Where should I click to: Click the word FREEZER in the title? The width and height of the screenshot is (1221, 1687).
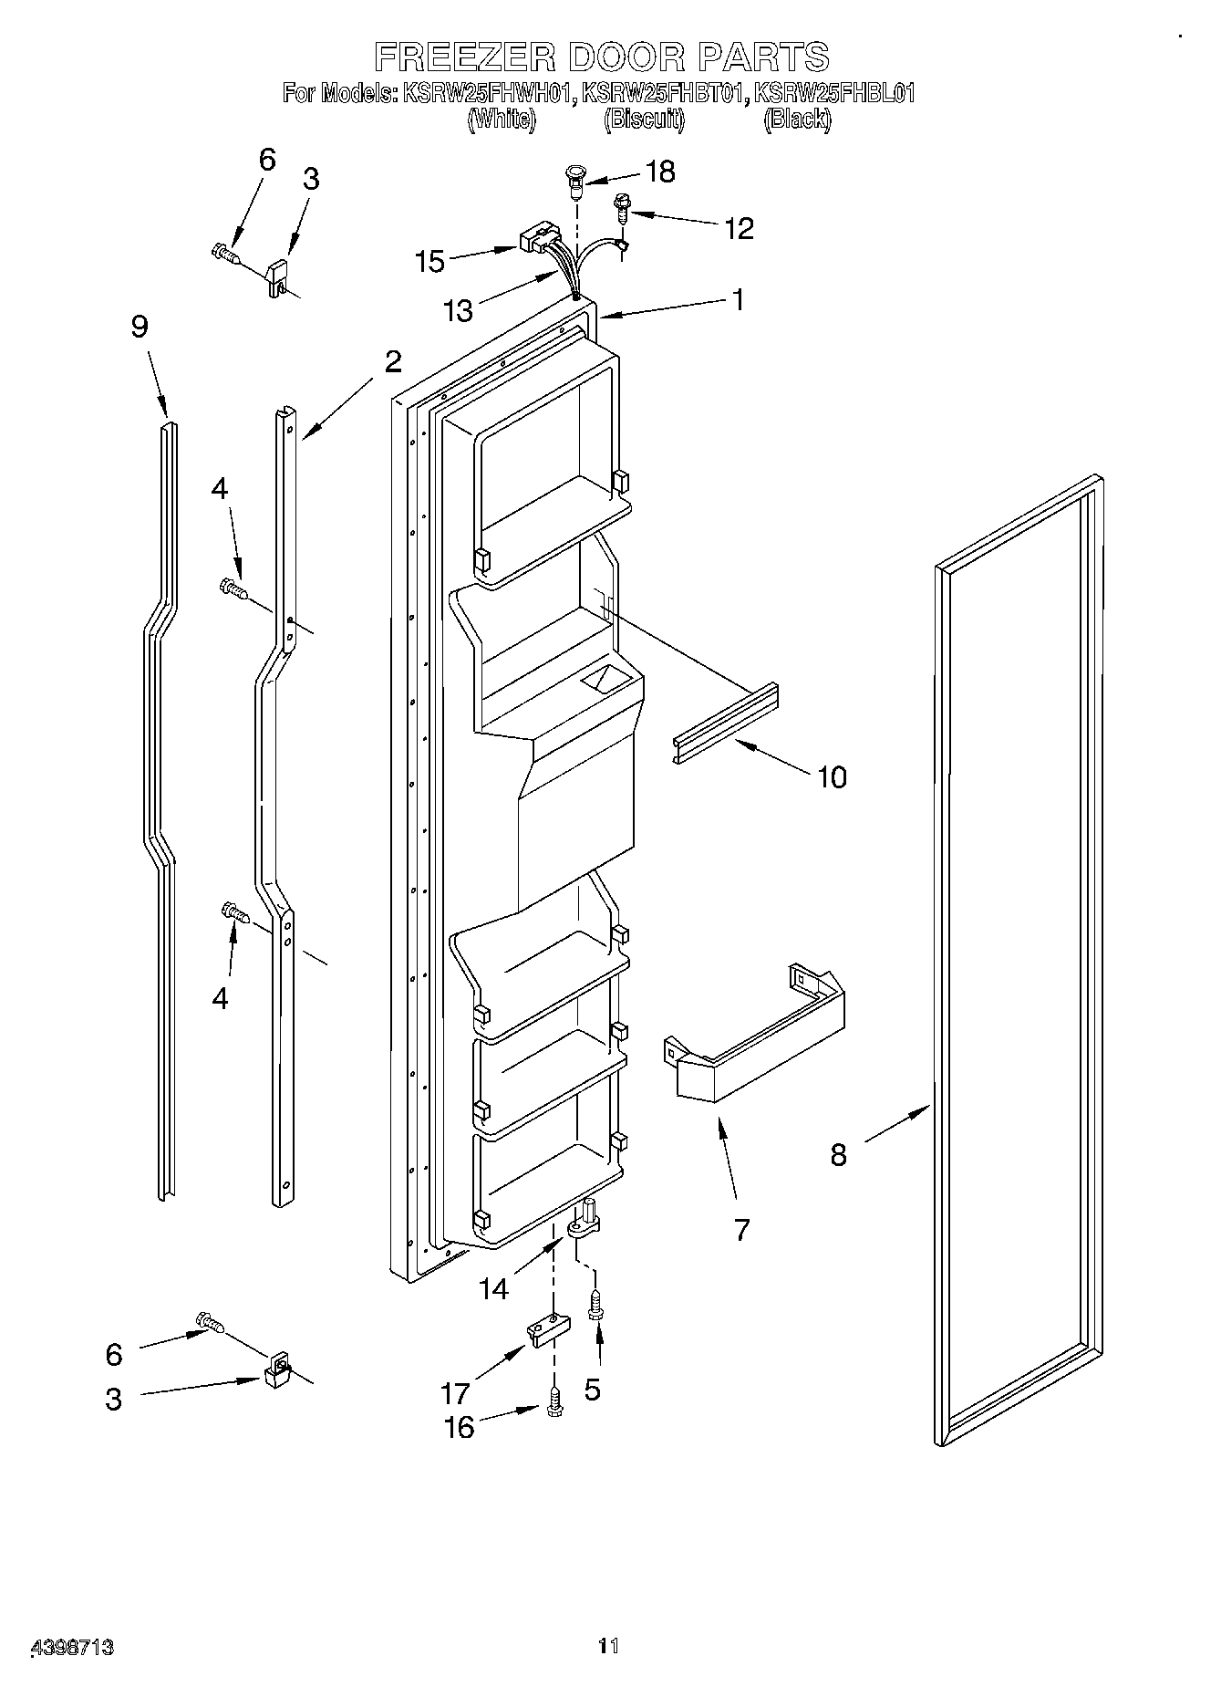(465, 57)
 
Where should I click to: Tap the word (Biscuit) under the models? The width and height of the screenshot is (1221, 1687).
(644, 119)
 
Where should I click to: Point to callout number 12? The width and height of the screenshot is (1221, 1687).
(739, 228)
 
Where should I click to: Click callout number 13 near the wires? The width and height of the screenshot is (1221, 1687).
(459, 311)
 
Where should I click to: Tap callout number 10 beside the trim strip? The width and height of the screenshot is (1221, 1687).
(832, 777)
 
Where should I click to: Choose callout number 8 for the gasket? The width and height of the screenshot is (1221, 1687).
(838, 1155)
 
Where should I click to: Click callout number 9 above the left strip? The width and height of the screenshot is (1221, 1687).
(139, 327)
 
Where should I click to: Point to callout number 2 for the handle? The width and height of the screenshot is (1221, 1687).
(392, 362)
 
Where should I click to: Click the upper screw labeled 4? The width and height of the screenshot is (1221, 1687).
(233, 589)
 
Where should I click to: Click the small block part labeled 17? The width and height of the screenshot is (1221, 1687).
(546, 1330)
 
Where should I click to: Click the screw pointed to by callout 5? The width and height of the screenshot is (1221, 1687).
(596, 1306)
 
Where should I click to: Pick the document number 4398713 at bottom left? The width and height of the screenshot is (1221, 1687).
(73, 1647)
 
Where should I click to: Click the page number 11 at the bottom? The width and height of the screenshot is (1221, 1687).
(608, 1647)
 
